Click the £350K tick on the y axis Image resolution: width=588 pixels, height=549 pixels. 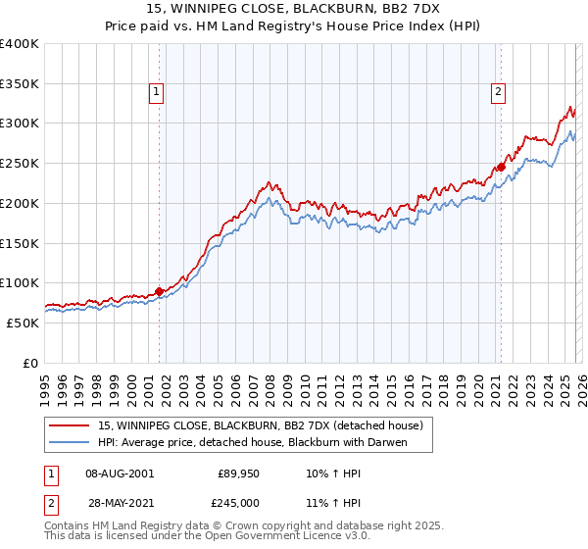coord(20,84)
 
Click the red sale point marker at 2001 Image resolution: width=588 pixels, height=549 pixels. coord(159,291)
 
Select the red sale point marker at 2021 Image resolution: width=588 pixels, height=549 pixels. coord(501,168)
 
